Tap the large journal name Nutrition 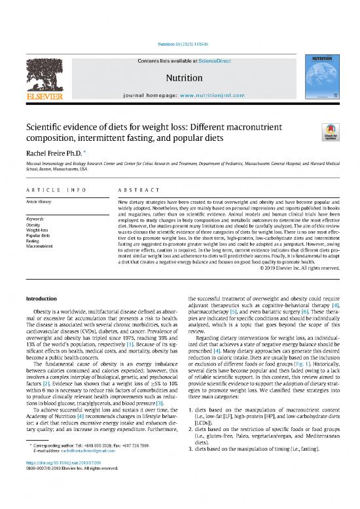(x=179, y=77)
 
